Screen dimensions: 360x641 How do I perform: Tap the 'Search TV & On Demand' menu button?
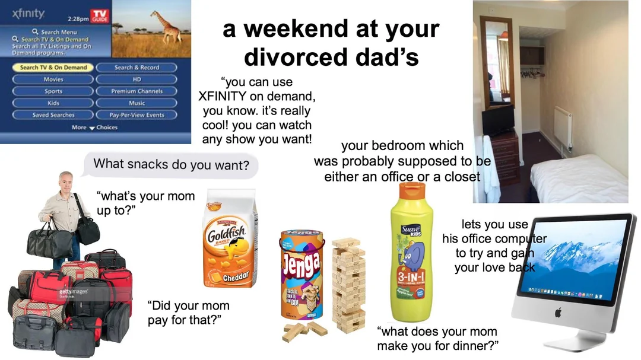click(x=53, y=68)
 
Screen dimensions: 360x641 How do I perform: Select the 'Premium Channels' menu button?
click(x=137, y=91)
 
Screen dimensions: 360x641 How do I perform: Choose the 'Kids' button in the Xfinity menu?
click(x=53, y=103)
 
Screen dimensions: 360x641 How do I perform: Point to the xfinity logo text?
click(x=28, y=13)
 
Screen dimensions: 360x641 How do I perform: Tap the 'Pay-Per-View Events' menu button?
click(x=137, y=115)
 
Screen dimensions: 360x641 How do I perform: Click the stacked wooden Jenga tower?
click(x=348, y=285)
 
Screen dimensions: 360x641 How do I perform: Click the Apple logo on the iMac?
click(x=558, y=312)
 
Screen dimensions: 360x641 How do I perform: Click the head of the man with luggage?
click(x=65, y=180)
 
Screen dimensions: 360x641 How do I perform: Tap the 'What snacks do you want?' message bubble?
click(x=172, y=164)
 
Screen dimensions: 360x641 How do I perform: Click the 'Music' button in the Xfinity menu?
click(x=137, y=103)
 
